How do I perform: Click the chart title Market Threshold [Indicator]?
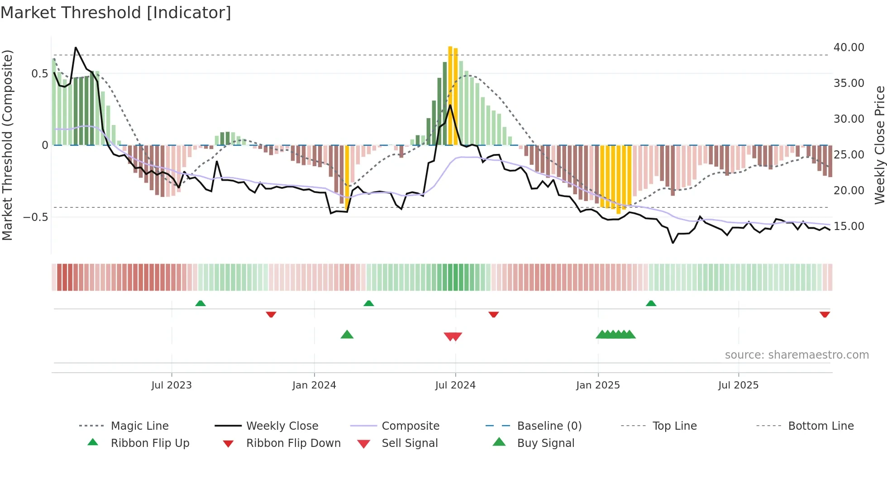coord(116,13)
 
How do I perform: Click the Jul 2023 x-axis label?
coord(172,385)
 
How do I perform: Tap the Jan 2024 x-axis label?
coord(314,385)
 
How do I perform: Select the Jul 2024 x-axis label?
coord(455,385)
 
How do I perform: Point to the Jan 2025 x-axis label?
coord(598,385)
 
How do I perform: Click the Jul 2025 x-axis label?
coord(738,385)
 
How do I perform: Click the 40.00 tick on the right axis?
coord(849,48)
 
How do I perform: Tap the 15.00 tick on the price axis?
coord(849,226)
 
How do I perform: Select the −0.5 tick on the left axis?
coord(36,217)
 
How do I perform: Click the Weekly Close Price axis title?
coord(879,145)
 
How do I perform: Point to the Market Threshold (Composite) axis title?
coord(7,145)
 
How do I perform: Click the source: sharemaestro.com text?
coord(796,355)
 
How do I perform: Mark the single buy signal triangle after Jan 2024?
coord(347,335)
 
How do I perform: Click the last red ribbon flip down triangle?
coord(825,314)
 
